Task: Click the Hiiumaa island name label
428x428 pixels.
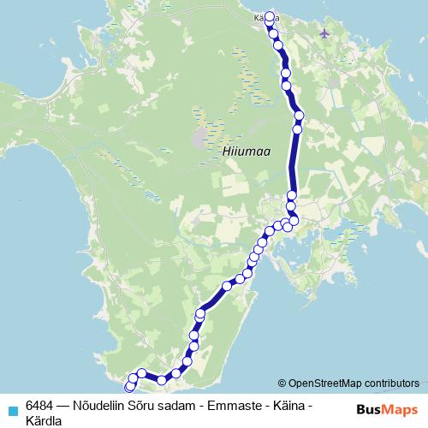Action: click(246, 151)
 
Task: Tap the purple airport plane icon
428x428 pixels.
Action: click(324, 33)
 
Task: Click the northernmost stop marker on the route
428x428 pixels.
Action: click(270, 17)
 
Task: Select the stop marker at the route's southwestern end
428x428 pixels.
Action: click(129, 389)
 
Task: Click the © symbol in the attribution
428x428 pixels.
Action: click(282, 383)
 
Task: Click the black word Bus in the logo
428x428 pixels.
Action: click(371, 409)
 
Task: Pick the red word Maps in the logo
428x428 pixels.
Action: click(401, 409)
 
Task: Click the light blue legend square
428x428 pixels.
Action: click(10, 409)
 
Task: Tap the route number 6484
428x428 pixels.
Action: click(40, 405)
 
